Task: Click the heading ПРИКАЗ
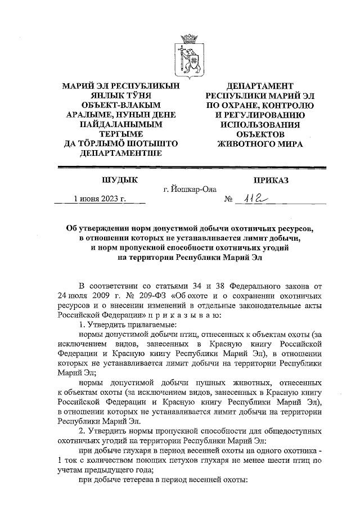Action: coord(271,179)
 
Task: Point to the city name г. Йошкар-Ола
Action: coord(190,190)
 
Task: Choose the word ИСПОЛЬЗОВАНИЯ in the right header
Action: coord(260,124)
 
